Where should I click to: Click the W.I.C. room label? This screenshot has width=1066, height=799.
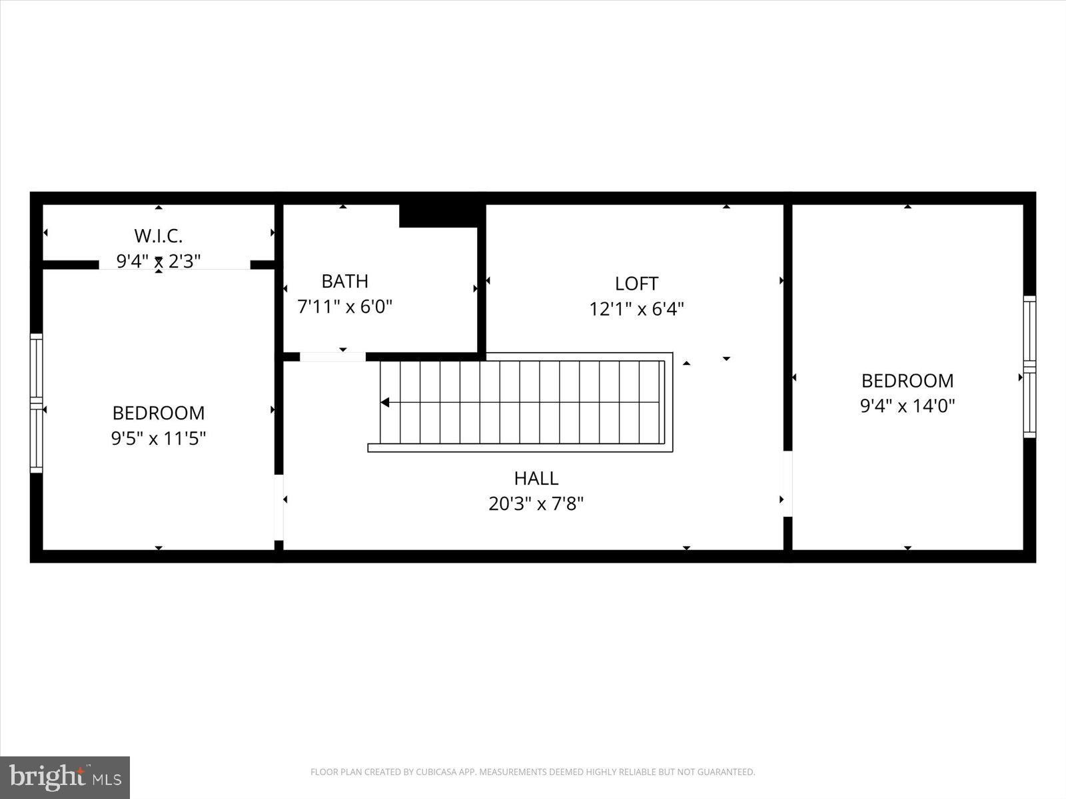(158, 236)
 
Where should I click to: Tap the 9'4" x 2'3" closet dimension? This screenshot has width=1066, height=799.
(159, 261)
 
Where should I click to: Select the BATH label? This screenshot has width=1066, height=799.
(344, 281)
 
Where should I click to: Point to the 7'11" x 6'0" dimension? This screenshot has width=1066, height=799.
(344, 307)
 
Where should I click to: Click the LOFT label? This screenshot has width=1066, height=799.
(636, 284)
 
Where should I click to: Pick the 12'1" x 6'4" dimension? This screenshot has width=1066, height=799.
(636, 310)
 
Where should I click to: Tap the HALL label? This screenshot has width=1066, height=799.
(536, 478)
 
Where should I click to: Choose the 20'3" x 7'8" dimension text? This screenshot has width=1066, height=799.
(536, 504)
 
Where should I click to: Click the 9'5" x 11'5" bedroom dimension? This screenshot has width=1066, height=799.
(159, 439)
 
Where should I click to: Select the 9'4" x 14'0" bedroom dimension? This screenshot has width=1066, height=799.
(907, 406)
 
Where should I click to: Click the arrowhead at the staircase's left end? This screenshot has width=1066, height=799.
(385, 402)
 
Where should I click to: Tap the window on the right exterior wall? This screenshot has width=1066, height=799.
(1029, 366)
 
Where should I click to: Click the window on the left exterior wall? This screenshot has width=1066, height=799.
(37, 403)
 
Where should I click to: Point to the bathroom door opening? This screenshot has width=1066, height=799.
(332, 357)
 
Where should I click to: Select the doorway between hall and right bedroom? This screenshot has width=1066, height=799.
(788, 484)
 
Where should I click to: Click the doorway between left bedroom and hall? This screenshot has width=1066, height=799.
(279, 507)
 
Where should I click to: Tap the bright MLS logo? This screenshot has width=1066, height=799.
(65, 777)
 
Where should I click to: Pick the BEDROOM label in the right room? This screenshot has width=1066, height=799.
(907, 381)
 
